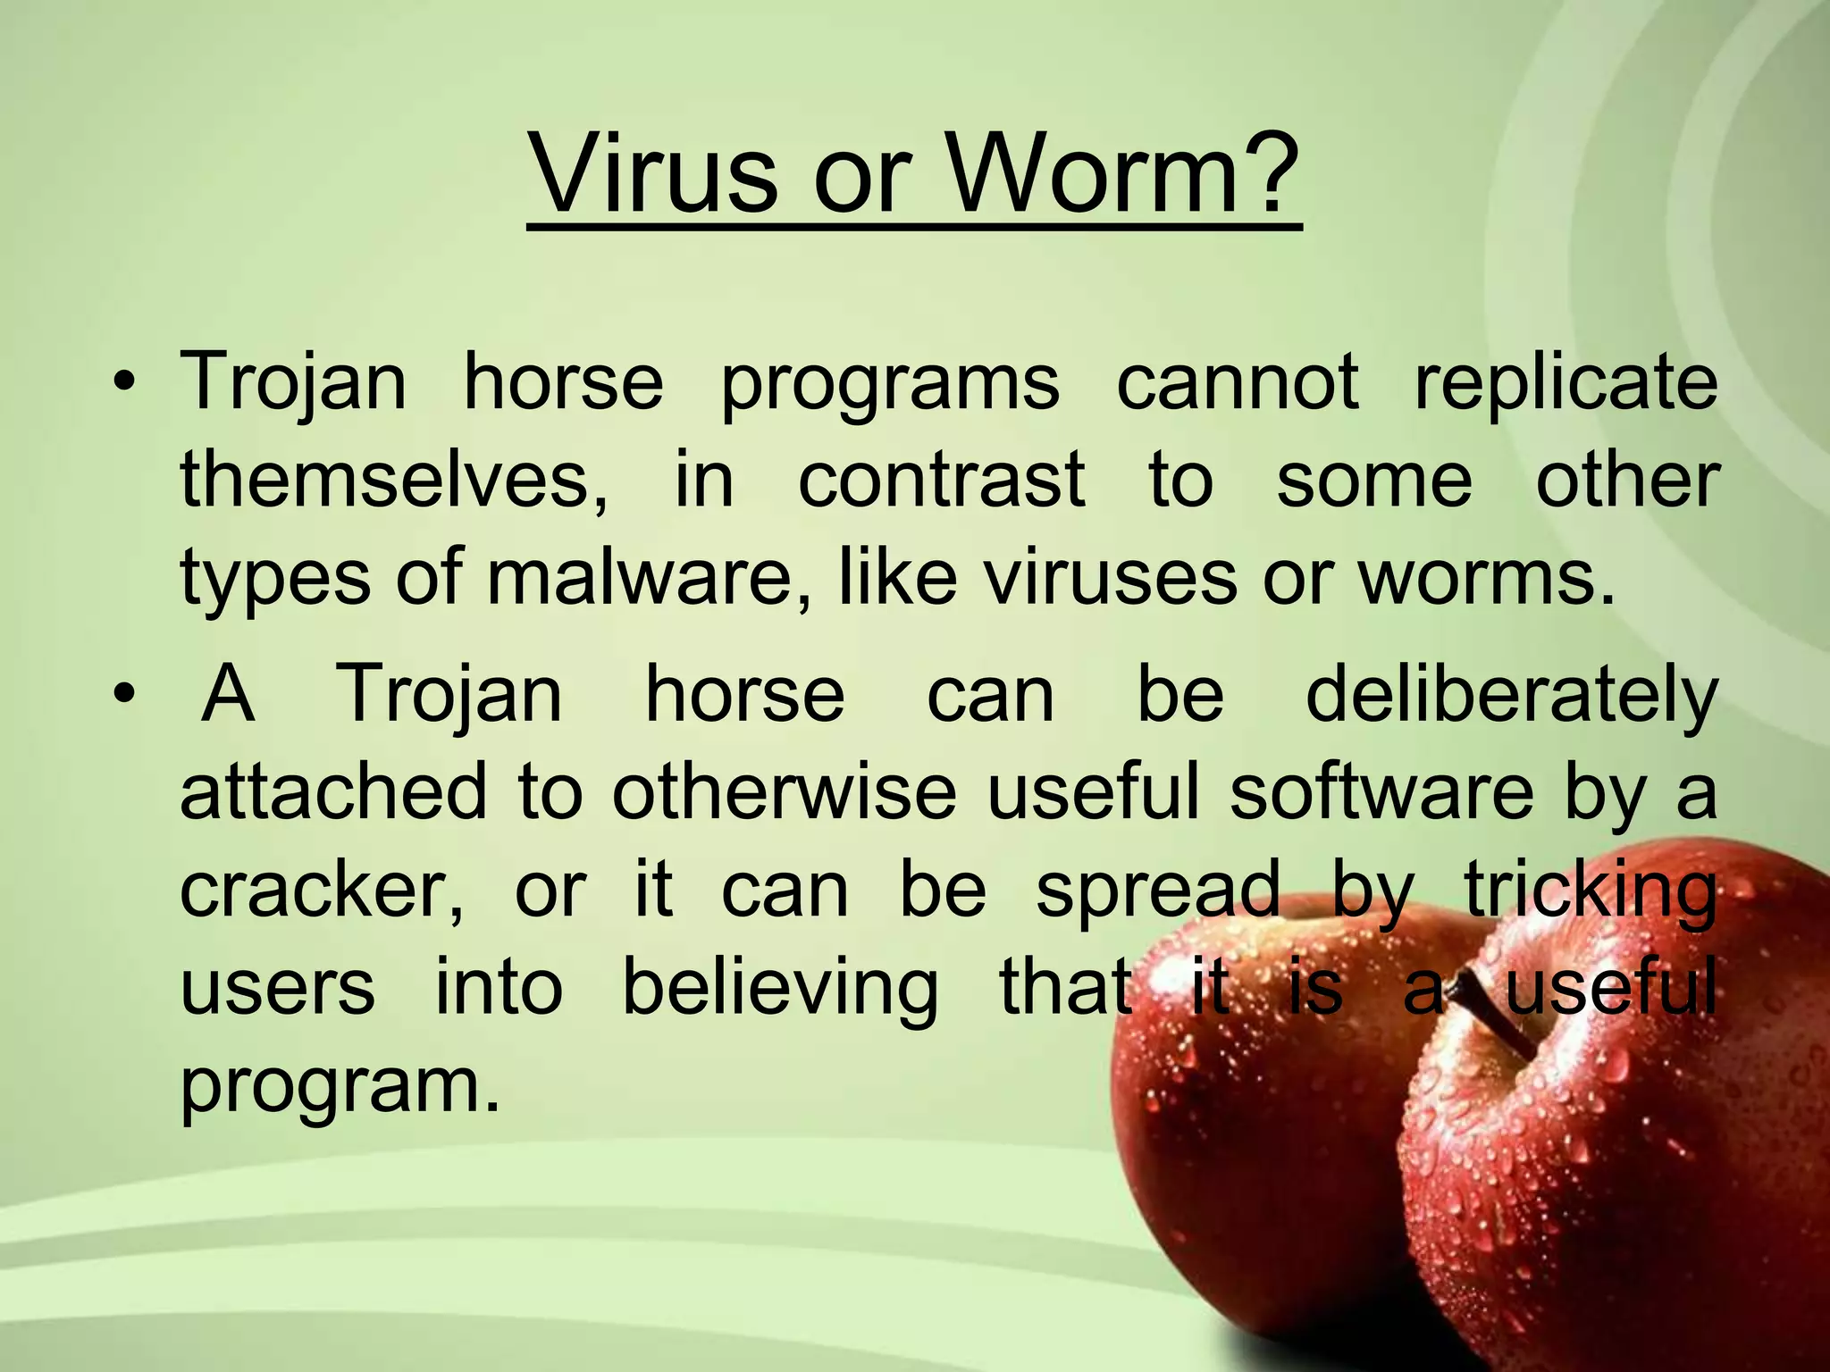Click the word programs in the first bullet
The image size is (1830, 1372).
pos(890,385)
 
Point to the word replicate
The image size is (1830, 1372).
pos(1566,385)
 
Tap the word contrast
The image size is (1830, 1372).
pos(942,481)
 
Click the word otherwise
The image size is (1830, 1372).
pos(784,792)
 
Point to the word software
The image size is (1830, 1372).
pos(1381,792)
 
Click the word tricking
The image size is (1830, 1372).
pos(1591,891)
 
